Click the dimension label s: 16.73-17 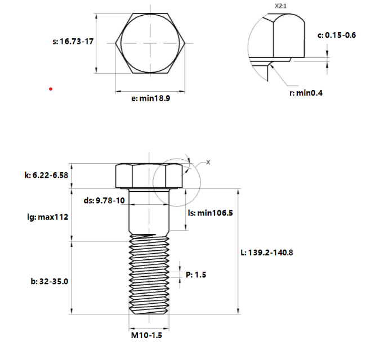point(73,42)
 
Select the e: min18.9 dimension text point(150,98)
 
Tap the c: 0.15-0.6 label point(337,35)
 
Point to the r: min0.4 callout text point(306,93)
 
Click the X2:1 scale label point(280,6)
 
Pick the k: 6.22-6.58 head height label point(46,175)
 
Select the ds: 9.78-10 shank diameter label point(104,200)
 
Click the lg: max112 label point(48,217)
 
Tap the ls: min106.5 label point(211,213)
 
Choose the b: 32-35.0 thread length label point(50,281)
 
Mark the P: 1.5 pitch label point(196,275)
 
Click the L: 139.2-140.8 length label point(267,253)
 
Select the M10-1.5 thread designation point(147,335)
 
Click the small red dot point(51,89)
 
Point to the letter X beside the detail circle point(208,162)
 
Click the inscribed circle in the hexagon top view point(150,43)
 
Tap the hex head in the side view point(149,175)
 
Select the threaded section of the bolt point(149,274)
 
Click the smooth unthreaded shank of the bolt point(149,211)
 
